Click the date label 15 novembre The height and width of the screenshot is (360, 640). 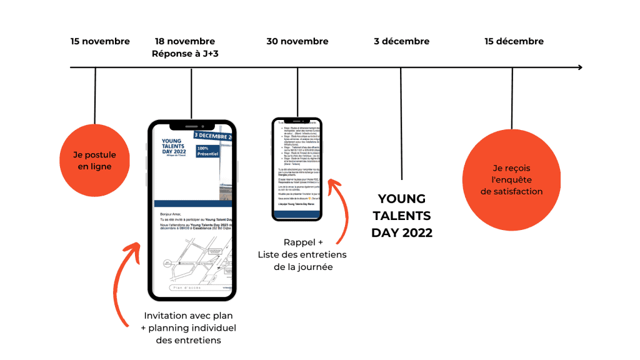(100, 42)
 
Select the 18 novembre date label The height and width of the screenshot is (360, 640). (185, 42)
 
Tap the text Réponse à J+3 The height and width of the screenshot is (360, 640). (185, 54)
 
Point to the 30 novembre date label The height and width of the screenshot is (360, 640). (297, 42)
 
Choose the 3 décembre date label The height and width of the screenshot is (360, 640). (401, 42)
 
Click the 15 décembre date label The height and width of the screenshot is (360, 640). (514, 42)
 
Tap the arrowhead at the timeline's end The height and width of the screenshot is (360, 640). (579, 67)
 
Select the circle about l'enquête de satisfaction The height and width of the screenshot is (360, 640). (512, 180)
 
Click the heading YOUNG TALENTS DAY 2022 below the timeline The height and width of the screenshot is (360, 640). (402, 216)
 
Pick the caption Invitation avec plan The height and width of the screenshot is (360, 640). (188, 316)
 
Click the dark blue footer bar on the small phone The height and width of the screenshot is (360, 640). (297, 214)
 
